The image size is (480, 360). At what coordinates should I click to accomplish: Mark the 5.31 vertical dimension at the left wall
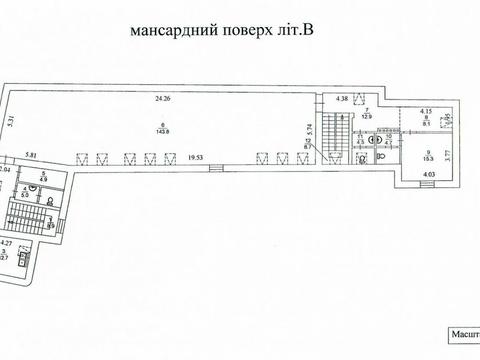10,124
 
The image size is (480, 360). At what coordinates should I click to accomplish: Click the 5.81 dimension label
32,155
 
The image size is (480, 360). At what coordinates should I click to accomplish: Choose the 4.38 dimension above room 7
342,97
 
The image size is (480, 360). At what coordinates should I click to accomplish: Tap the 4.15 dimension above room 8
425,111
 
